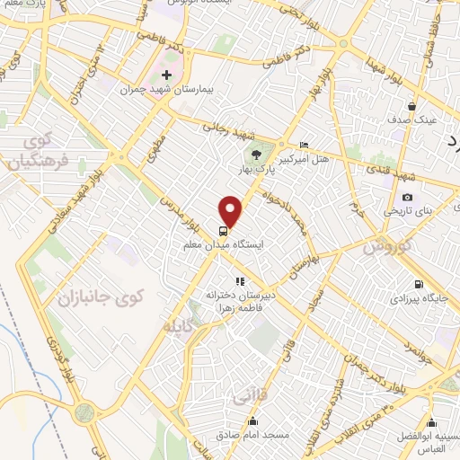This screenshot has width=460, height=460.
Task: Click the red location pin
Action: [231, 211]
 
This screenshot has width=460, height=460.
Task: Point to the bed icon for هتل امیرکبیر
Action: [304, 146]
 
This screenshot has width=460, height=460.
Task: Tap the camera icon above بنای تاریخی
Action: [407, 198]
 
